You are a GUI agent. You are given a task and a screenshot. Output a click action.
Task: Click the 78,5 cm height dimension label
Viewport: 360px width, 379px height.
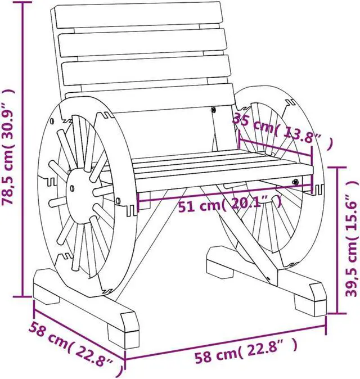(x=7, y=147)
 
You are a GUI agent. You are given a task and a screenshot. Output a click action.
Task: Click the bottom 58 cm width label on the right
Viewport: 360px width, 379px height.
(x=245, y=355)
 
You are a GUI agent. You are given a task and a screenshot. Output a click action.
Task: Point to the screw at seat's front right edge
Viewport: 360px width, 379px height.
(x=296, y=181)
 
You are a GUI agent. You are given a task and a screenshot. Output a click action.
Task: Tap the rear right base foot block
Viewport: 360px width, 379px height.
(x=219, y=261)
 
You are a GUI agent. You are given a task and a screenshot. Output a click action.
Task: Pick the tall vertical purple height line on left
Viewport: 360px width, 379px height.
(x=22, y=147)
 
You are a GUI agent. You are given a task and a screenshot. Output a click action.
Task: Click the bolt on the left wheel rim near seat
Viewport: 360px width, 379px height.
(x=118, y=200)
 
